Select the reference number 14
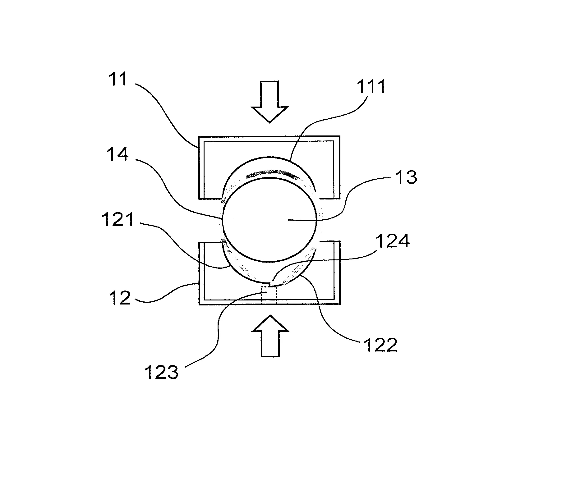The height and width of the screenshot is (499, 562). point(117,154)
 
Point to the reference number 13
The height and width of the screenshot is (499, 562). point(406,177)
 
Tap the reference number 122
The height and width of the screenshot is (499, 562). point(381,345)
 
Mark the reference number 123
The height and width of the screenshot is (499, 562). point(162,372)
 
